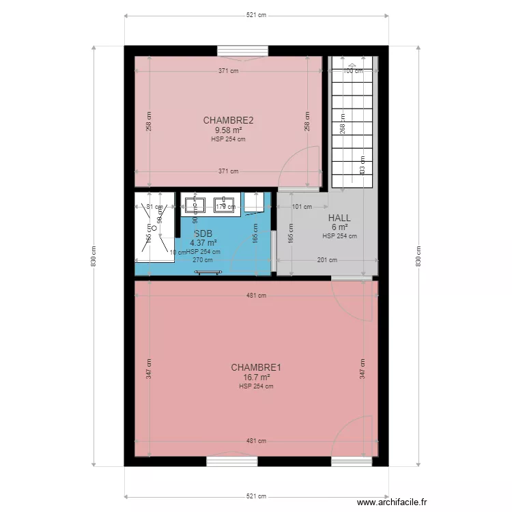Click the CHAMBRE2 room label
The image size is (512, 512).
[x=228, y=121]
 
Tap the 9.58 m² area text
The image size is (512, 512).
[x=228, y=130]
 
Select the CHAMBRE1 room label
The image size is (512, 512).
[x=256, y=367]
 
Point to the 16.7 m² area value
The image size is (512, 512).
[x=256, y=377]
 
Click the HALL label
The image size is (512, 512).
[x=339, y=218]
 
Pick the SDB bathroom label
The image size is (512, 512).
[x=203, y=233]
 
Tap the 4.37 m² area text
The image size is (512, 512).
[x=203, y=242]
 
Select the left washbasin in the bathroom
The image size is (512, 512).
[x=195, y=203]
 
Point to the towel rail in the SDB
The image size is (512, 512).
[x=208, y=272]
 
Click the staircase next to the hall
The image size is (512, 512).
[x=354, y=123]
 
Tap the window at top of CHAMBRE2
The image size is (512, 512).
[x=242, y=51]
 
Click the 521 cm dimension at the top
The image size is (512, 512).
[x=256, y=15]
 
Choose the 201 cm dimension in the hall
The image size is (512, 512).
[x=327, y=259]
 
